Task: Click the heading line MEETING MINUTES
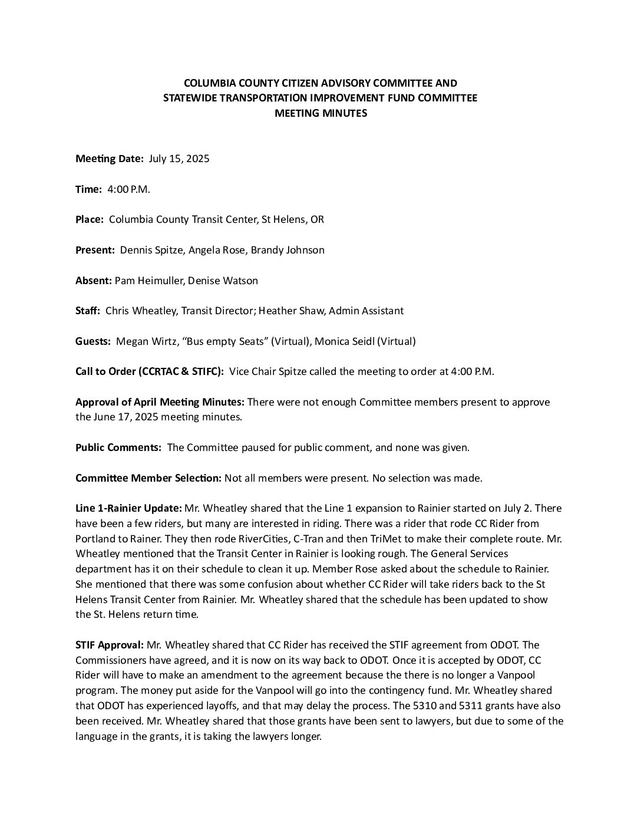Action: (x=320, y=113)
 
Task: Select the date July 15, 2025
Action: (x=179, y=159)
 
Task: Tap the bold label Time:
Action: (x=88, y=189)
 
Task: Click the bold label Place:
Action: (x=90, y=219)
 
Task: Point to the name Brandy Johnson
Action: (x=288, y=250)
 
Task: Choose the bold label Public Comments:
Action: (x=118, y=447)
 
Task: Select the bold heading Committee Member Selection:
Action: (x=148, y=478)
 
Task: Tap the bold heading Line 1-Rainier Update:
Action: (x=128, y=508)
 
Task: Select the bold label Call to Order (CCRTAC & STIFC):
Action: (x=150, y=371)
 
